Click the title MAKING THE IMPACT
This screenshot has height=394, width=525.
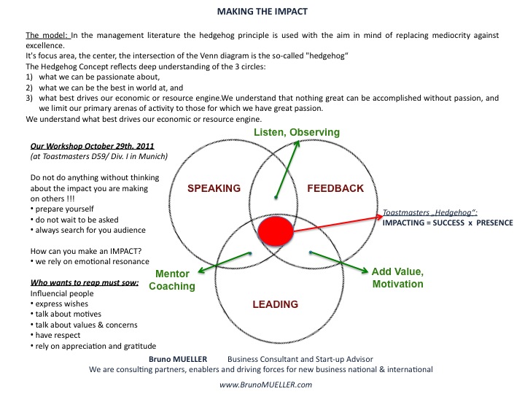[x=262, y=12]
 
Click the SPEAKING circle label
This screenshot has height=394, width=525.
[x=214, y=188]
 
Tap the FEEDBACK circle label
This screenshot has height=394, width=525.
[x=335, y=188]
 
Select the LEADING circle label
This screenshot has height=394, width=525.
[x=275, y=304]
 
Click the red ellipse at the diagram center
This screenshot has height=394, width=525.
[x=276, y=231]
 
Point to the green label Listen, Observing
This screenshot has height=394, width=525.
[x=297, y=132]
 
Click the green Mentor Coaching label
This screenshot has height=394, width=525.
[x=172, y=279]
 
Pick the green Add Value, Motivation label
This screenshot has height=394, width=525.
[x=398, y=278]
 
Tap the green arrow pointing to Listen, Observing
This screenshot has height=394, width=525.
[x=287, y=169]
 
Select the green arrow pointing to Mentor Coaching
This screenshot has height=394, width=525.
[x=225, y=263]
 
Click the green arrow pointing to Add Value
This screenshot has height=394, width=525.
[x=339, y=263]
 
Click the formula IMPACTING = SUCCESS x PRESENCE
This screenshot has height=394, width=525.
[x=448, y=223]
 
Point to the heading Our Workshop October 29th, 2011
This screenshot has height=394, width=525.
[x=92, y=146]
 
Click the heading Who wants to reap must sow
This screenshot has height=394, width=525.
[x=85, y=283]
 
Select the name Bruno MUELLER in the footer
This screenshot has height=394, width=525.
[x=178, y=359]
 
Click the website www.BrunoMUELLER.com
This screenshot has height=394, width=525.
[x=266, y=385]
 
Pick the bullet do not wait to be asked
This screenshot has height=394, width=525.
[x=74, y=220]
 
